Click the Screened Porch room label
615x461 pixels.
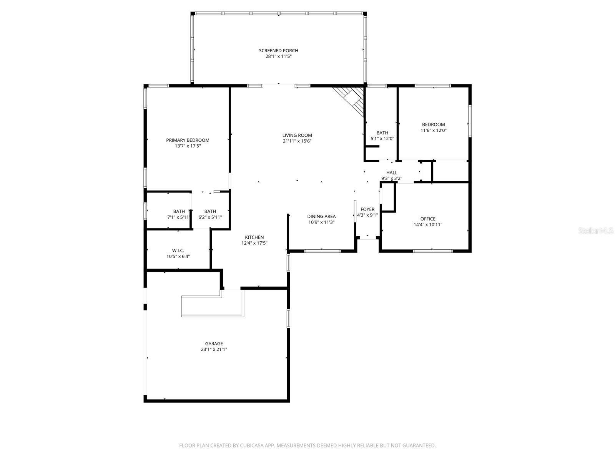(x=278, y=51)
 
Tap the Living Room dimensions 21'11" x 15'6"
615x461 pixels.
(x=297, y=141)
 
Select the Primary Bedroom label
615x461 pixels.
(x=188, y=140)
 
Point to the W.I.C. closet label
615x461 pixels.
(x=178, y=250)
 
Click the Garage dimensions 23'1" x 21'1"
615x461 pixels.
(x=214, y=350)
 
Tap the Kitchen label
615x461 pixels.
(x=254, y=237)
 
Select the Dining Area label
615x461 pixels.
(x=321, y=217)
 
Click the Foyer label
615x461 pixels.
(x=367, y=209)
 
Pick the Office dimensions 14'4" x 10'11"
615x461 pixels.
(x=428, y=225)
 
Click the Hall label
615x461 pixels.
(x=392, y=173)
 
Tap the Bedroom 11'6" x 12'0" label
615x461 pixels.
(x=433, y=124)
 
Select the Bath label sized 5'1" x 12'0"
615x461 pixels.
(x=382, y=133)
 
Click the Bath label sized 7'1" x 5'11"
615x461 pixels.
(x=179, y=211)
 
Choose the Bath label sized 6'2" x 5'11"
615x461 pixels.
(x=210, y=211)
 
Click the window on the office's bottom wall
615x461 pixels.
(x=433, y=251)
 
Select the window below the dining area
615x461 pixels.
(x=322, y=251)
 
